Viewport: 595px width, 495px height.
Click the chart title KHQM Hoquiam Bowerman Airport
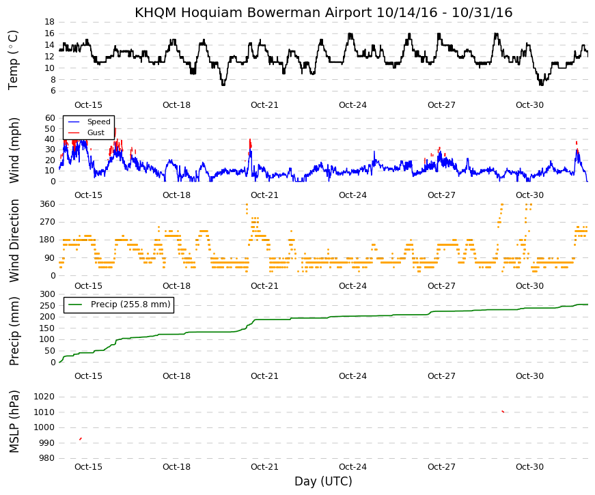tap(253, 12)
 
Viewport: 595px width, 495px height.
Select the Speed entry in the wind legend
tap(98, 122)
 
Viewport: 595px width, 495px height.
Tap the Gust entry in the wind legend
tap(96, 132)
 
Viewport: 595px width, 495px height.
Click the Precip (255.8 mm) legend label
tap(130, 305)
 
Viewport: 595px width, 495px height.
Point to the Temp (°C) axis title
tap(13, 60)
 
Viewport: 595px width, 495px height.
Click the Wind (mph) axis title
tap(14, 151)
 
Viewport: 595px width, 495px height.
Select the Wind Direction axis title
tap(14, 241)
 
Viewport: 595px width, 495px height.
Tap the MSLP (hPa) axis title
tap(14, 422)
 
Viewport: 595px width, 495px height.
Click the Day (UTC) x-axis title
tap(323, 481)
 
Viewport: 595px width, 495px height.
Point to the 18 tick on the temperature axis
tap(50, 22)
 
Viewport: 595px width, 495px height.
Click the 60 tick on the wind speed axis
tap(50, 117)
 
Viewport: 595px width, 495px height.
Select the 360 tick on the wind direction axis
tap(47, 204)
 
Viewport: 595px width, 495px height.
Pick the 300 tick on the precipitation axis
tap(47, 294)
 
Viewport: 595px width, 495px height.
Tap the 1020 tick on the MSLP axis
tap(44, 397)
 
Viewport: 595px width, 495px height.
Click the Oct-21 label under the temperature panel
tap(264, 105)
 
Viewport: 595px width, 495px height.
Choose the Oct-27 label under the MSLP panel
tap(441, 467)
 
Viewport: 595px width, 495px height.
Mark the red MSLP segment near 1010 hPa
tap(503, 411)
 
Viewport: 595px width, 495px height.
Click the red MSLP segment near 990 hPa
tap(81, 439)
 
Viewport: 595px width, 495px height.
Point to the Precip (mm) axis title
tap(14, 331)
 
